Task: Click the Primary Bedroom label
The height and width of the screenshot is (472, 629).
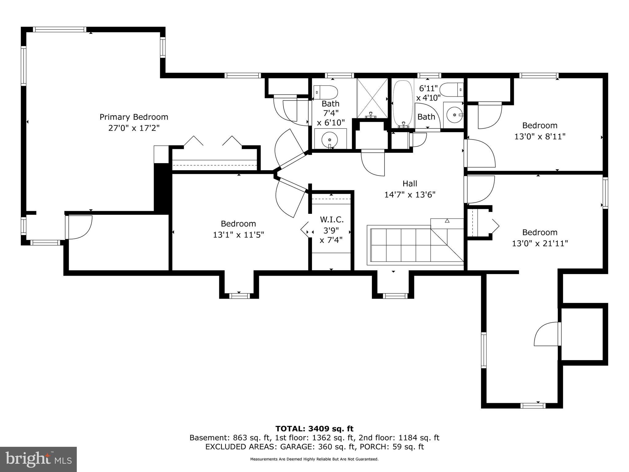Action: [x=134, y=117]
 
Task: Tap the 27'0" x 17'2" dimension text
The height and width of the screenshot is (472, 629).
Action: [x=134, y=128]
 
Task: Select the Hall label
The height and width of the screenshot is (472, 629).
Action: [x=410, y=184]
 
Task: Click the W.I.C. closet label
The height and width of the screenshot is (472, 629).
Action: [x=332, y=220]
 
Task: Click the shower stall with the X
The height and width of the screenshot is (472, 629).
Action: [x=372, y=98]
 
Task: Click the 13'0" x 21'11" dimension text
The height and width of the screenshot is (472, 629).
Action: [x=540, y=244]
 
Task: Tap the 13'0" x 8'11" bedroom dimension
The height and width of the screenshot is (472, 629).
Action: [x=540, y=136]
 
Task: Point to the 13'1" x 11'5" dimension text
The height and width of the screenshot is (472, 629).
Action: [x=238, y=235]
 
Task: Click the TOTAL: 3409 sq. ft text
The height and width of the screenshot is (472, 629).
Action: [x=314, y=429]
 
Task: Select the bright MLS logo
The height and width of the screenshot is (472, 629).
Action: [x=38, y=459]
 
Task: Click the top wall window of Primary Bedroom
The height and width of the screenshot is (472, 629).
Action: [x=60, y=29]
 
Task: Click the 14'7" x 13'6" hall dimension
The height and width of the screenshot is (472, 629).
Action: [x=410, y=195]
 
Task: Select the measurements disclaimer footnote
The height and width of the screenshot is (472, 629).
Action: [x=314, y=459]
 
